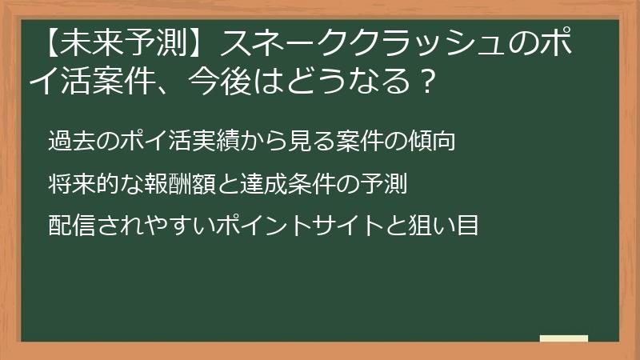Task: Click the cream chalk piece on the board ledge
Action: pos(563,338)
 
